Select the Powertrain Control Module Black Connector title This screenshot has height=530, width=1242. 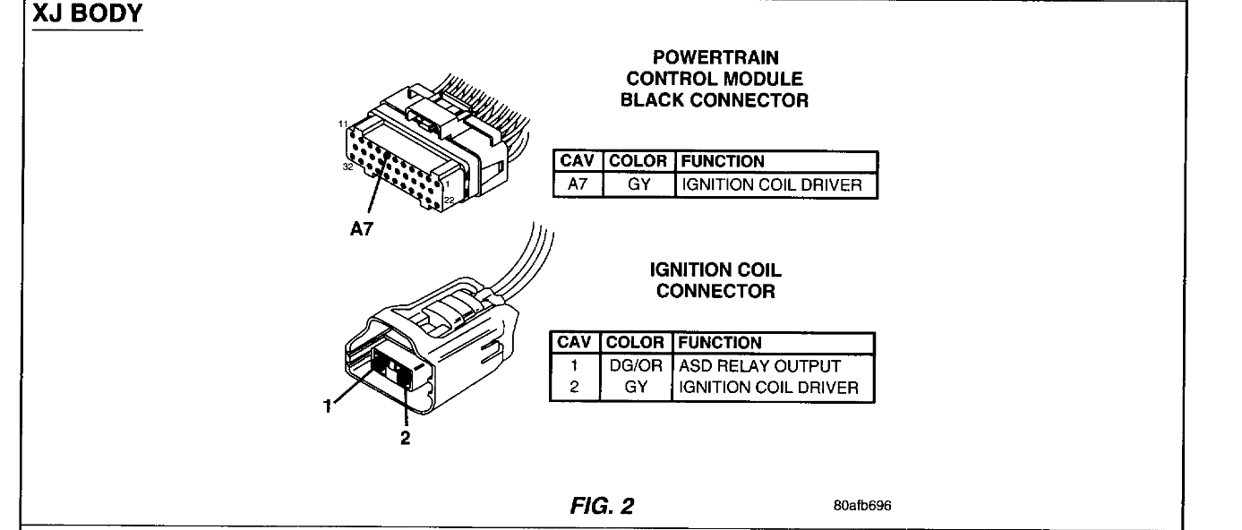click(x=715, y=81)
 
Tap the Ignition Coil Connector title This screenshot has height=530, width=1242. click(x=715, y=278)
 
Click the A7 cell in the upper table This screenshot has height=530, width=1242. click(x=578, y=186)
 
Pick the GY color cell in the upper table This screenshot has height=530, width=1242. click(x=638, y=186)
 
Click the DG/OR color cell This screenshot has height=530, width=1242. click(x=638, y=366)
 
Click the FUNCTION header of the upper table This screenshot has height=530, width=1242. click(x=722, y=162)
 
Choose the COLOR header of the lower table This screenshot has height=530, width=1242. click(x=638, y=343)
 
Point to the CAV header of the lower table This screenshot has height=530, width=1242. click(x=578, y=343)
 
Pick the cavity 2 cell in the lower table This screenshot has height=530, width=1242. click(x=578, y=388)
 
